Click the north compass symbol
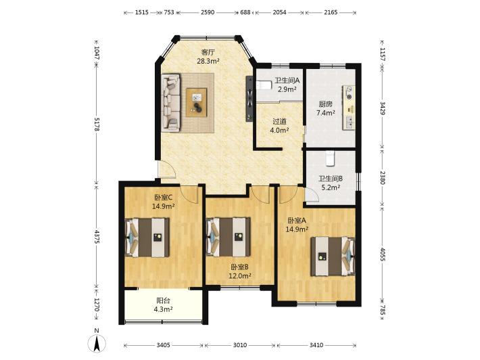point(97,343)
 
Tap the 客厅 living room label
point(208,52)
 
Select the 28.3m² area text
point(208,62)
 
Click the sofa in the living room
point(171,103)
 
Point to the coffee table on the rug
point(197,102)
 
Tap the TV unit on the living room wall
point(249,99)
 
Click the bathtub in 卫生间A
point(264,85)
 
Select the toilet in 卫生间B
point(330,158)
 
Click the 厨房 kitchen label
point(325,104)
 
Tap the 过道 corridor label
point(279,122)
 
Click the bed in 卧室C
point(147,238)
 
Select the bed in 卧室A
point(333,256)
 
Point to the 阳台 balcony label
point(163,300)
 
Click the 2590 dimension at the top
point(208,12)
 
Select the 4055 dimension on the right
point(383,254)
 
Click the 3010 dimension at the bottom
point(240,345)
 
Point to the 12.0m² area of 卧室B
point(240,275)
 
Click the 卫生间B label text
point(331,179)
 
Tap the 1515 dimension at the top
point(142,12)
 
